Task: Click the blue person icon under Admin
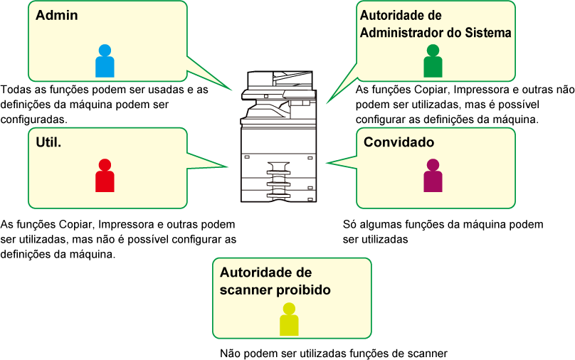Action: pyautogui.click(x=105, y=61)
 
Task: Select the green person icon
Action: pyautogui.click(x=433, y=61)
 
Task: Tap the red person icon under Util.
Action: pyautogui.click(x=105, y=176)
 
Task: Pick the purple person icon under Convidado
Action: pyautogui.click(x=433, y=176)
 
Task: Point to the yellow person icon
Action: pyautogui.click(x=290, y=319)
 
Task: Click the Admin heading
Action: pyautogui.click(x=57, y=15)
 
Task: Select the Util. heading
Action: pyautogui.click(x=48, y=142)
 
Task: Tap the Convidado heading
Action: pyautogui.click(x=399, y=142)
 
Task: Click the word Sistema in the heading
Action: pyautogui.click(x=488, y=33)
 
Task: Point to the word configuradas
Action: pyautogui.click(x=34, y=120)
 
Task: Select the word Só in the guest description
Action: pyautogui.click(x=349, y=224)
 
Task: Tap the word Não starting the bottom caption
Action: pyautogui.click(x=230, y=354)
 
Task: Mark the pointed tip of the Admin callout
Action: pyautogui.click(x=233, y=90)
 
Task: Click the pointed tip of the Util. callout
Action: pyautogui.click(x=228, y=166)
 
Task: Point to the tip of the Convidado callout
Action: pyautogui.click(x=327, y=162)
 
